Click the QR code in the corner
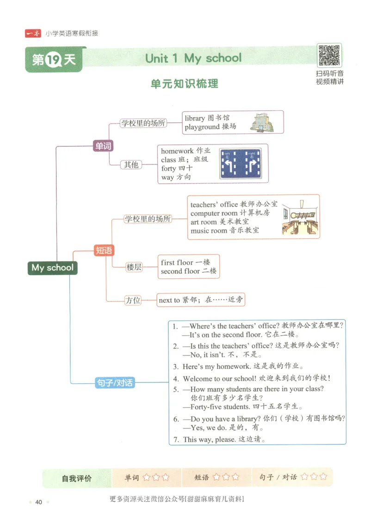[329, 55]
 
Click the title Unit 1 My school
[193, 58]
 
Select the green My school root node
[52, 268]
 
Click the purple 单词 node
[103, 146]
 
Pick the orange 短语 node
[104, 251]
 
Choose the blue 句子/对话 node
[115, 383]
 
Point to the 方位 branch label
[133, 300]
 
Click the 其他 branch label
[131, 164]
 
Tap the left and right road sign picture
[240, 164]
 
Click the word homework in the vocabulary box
[177, 151]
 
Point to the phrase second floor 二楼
[188, 271]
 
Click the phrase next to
[169, 300]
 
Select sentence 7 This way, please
[219, 439]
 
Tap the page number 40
[39, 502]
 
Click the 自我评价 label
[77, 478]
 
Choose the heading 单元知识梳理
[185, 84]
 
